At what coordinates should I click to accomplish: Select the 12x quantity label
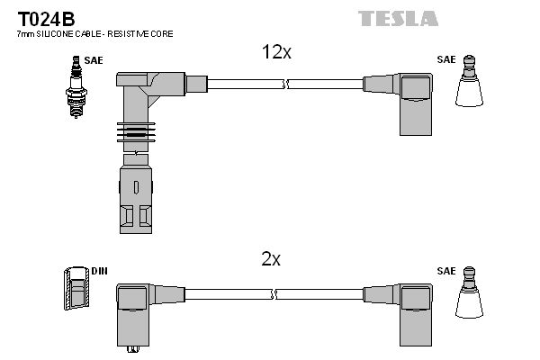pos(275,53)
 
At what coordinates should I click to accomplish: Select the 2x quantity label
pos(271,259)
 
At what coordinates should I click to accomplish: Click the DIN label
pos(100,270)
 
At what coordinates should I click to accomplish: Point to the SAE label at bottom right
pos(446,270)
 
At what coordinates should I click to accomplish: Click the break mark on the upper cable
pos(285,85)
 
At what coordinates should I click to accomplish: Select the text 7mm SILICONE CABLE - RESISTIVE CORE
pos(94,33)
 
